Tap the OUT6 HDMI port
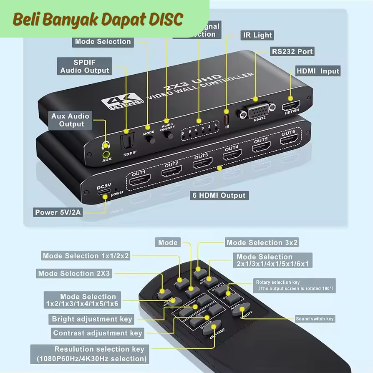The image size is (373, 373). pyautogui.click(x=289, y=140)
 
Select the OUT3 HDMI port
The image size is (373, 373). pyautogui.click(x=202, y=163)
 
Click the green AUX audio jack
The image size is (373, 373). pyautogui.click(x=107, y=154)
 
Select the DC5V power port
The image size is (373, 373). pyautogui.click(x=104, y=193)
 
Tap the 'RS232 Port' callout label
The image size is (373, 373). pyautogui.click(x=292, y=52)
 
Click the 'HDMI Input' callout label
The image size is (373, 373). pyautogui.click(x=318, y=71)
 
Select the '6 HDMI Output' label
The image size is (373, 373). pyautogui.click(x=219, y=195)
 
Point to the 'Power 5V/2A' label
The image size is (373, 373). pyautogui.click(x=58, y=212)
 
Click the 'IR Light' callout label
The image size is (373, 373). pyautogui.click(x=257, y=35)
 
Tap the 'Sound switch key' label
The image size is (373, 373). pyautogui.click(x=315, y=319)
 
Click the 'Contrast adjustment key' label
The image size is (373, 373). pyautogui.click(x=98, y=333)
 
